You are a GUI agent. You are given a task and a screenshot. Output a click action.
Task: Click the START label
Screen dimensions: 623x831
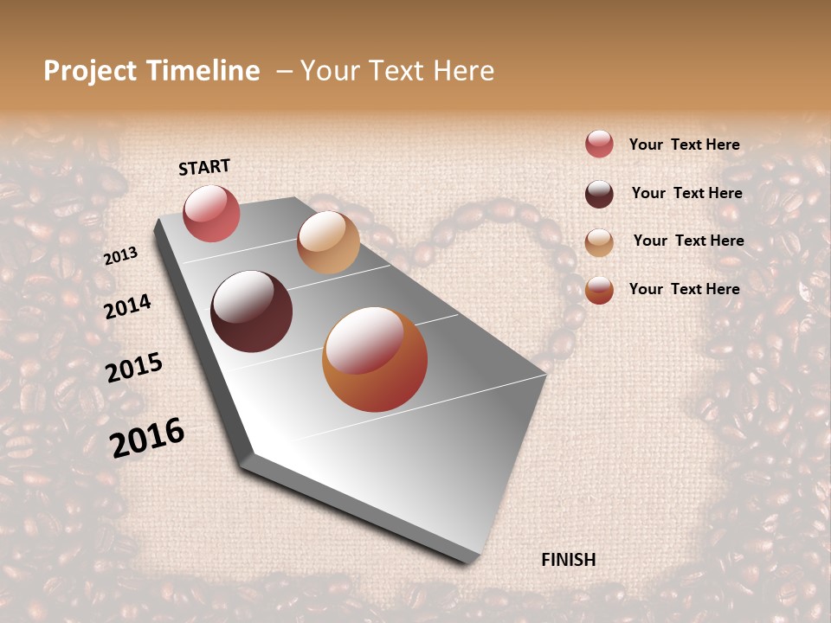(204, 167)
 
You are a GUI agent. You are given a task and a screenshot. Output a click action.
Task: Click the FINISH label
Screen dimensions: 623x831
(568, 560)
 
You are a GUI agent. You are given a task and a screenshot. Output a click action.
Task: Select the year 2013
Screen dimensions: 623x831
(120, 256)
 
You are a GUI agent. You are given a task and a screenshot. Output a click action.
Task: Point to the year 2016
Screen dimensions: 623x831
(147, 437)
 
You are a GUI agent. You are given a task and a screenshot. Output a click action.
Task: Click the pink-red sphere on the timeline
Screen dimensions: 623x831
(211, 214)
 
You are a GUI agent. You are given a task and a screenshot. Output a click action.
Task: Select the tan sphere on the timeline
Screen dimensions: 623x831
(328, 242)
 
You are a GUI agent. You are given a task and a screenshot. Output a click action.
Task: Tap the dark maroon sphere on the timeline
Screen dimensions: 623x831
(251, 311)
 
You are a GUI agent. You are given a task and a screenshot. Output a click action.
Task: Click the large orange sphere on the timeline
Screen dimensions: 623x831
(375, 359)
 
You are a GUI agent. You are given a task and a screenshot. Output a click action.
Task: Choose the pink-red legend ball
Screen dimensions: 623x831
(599, 145)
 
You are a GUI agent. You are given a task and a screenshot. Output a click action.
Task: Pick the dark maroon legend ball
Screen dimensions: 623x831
(599, 194)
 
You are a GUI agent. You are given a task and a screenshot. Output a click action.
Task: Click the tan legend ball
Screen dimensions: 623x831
(599, 242)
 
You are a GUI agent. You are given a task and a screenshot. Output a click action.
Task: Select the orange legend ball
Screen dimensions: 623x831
(599, 290)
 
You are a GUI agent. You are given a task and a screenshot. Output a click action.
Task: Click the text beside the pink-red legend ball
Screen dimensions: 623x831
(684, 145)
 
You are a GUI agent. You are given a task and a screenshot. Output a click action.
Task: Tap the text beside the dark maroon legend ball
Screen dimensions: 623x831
(686, 194)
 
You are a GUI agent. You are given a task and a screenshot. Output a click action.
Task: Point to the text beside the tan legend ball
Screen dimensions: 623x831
(688, 241)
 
